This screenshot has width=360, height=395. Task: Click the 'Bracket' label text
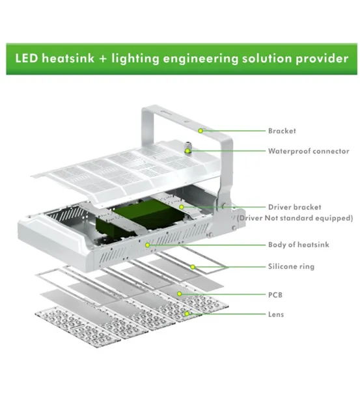coord(282,131)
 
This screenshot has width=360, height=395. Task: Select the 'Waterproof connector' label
coord(309,151)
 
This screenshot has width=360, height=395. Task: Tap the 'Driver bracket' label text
coord(294,207)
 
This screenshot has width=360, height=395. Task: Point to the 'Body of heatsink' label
coord(299,245)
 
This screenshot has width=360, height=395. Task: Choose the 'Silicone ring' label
coord(291,267)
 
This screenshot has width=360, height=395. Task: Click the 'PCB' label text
coord(275,295)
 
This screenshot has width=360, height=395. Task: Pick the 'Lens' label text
coord(276,314)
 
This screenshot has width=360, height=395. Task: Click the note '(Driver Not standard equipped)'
coord(295,218)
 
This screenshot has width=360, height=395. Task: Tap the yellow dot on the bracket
coord(201,131)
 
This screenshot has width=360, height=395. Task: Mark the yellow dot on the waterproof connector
coord(187,151)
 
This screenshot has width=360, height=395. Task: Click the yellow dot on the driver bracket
coord(182,207)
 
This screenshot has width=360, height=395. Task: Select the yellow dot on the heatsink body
coord(148,245)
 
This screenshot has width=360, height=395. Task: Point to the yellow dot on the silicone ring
coord(193,267)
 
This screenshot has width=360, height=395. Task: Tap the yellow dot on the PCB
coord(180,293)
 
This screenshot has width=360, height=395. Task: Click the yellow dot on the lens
coord(187,314)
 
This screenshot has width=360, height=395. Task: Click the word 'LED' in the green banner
coord(27,58)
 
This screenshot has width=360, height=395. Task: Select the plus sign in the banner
coord(103,59)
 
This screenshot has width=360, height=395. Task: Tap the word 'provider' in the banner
coord(322,59)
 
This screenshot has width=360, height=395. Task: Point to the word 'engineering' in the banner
coord(201,59)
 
